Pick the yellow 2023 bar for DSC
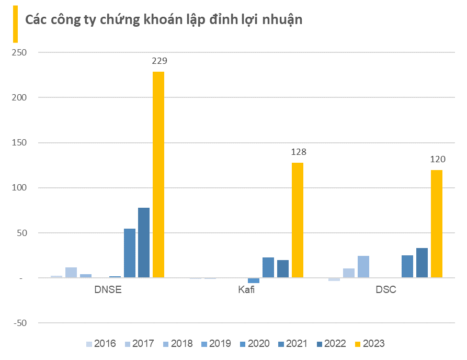[437, 223]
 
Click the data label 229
[159, 61]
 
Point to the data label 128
[298, 152]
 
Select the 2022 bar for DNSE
[144, 242]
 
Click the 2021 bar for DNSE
[129, 253]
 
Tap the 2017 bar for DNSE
[71, 272]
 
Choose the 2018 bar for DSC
[363, 266]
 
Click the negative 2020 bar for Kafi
[254, 280]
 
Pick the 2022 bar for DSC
[422, 263]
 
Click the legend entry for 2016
[100, 344]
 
